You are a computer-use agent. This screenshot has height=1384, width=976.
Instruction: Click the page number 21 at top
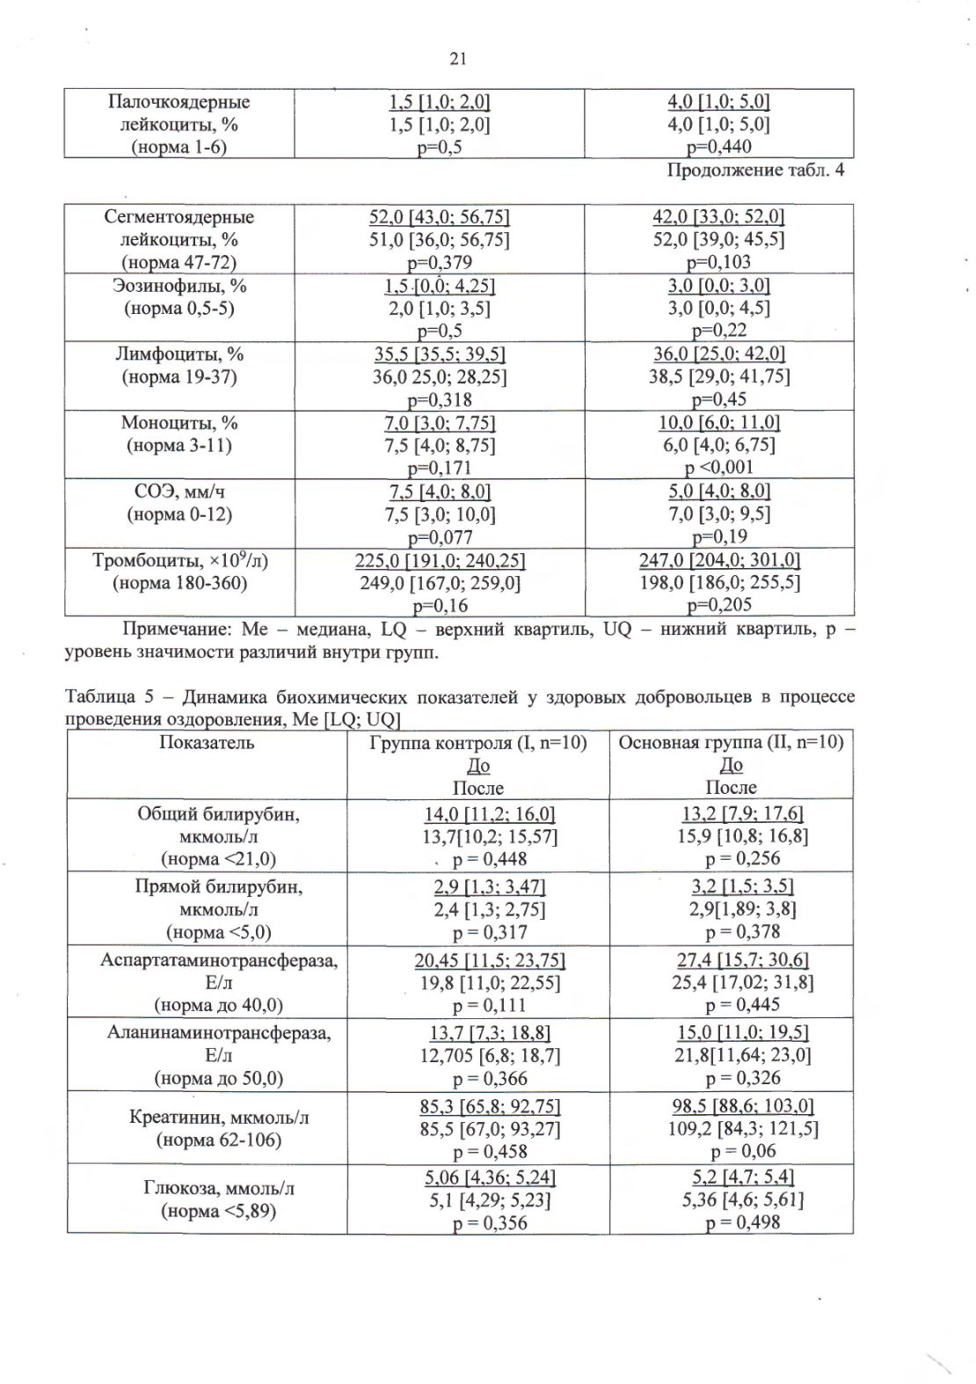point(457,59)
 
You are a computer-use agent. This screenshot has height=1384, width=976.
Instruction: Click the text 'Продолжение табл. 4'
point(755,170)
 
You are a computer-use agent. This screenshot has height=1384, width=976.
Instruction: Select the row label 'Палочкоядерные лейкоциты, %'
point(178,113)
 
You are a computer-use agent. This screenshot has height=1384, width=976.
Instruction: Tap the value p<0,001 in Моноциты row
point(718,468)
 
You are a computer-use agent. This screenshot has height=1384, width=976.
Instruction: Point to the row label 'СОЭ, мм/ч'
point(178,492)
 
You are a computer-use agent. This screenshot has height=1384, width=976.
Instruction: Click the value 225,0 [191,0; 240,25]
point(440,560)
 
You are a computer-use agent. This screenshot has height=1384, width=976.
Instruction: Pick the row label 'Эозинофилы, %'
point(178,286)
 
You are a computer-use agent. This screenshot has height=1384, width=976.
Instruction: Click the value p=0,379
point(440,262)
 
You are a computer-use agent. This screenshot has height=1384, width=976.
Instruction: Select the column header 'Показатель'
point(207,743)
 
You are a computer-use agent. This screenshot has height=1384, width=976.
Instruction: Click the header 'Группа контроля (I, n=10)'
point(477,743)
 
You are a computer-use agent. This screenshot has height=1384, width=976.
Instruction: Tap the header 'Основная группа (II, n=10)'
point(731,743)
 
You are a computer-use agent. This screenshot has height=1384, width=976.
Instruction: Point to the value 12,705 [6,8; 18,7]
point(477,1055)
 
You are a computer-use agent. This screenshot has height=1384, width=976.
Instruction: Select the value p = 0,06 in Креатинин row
point(731,1151)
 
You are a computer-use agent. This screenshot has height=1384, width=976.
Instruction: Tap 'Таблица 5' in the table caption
point(104,697)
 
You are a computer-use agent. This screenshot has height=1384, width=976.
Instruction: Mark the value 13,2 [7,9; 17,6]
point(731,813)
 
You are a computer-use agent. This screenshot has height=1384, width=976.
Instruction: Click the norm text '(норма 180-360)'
point(178,583)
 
